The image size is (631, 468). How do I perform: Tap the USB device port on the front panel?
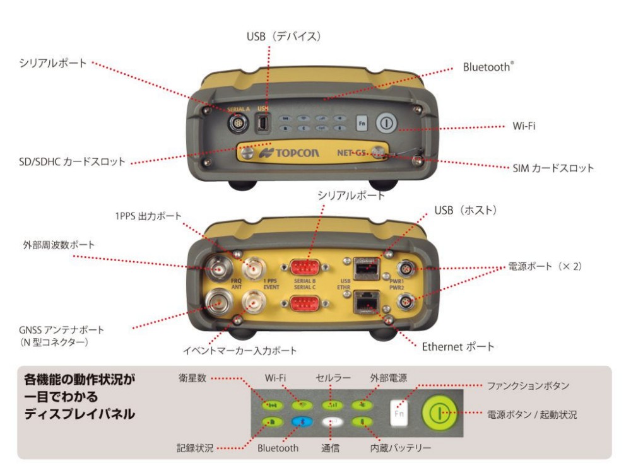point(262,124)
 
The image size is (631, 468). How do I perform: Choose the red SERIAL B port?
point(305,267)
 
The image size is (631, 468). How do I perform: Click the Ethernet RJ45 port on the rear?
point(365,303)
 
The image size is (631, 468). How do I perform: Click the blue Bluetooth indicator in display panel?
point(299,422)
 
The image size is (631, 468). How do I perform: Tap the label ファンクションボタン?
point(529,385)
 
